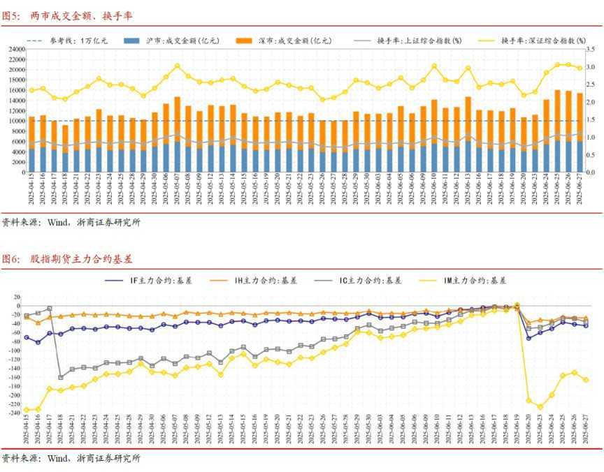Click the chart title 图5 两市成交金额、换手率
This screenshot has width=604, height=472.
pyautogui.click(x=69, y=15)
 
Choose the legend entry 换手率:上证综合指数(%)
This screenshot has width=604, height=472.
pyautogui.click(x=419, y=41)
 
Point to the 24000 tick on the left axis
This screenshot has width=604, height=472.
pyautogui.click(x=15, y=50)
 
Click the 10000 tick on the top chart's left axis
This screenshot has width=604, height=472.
pyautogui.click(x=15, y=121)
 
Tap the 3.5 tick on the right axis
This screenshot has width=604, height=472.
pyautogui.click(x=591, y=50)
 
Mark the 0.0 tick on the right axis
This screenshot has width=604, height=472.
pyautogui.click(x=591, y=172)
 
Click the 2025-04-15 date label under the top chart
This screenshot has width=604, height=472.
pyautogui.click(x=31, y=190)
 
